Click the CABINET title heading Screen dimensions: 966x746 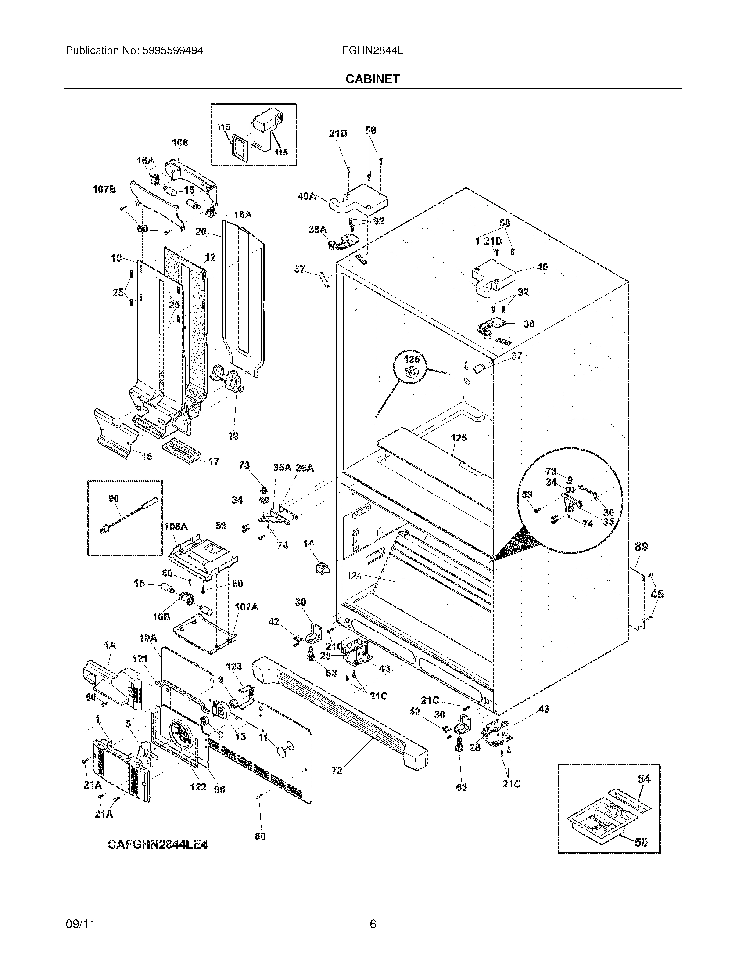point(373,79)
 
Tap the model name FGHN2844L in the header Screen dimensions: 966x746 point(372,51)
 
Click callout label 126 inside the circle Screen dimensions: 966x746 point(412,359)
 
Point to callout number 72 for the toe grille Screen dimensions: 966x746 point(337,771)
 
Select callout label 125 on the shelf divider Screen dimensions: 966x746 point(459,438)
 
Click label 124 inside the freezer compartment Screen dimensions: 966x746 point(354,576)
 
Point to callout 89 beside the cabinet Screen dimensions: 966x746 point(641,547)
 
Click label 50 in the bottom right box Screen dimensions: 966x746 point(641,842)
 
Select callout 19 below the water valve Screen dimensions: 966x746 point(233,436)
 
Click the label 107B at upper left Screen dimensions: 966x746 point(104,189)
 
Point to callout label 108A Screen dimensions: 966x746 point(176,526)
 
